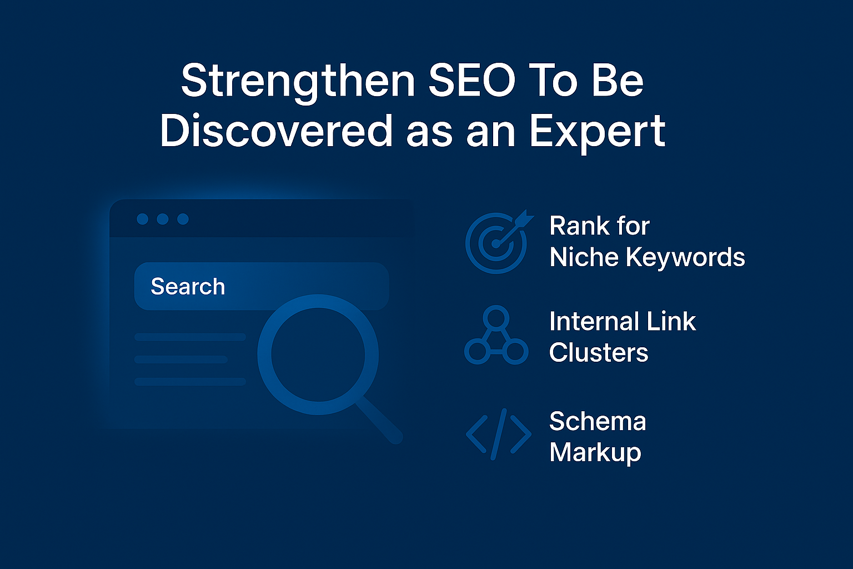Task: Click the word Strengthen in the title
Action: [x=298, y=81]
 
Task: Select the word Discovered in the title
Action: [x=276, y=131]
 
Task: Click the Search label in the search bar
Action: [x=188, y=287]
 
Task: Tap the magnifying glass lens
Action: [x=318, y=354]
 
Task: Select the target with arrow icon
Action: [x=497, y=242]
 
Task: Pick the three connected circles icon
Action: [x=496, y=336]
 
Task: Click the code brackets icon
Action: [x=498, y=434]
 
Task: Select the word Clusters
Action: [x=599, y=353]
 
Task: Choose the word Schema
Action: [x=598, y=421]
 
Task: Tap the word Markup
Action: [x=595, y=453]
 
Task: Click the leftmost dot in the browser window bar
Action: [x=142, y=219]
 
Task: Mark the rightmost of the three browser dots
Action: [x=183, y=219]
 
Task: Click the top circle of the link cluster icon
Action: [x=496, y=317]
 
